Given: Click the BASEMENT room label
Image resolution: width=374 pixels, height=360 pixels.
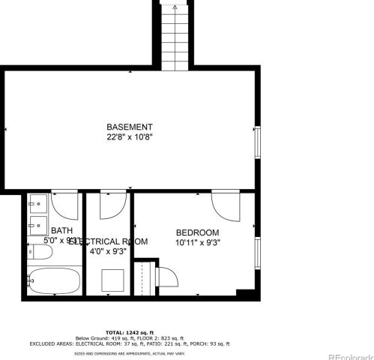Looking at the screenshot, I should tap(130, 127).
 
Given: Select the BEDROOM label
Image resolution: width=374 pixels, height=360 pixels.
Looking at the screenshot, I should tap(197, 232).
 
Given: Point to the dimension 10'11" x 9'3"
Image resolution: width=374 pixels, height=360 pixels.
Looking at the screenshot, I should tap(197, 243).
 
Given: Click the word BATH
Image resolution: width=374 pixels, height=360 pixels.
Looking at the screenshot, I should tap(61, 230).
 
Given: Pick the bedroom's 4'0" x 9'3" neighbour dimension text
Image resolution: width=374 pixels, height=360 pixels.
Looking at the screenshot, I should tap(108, 253).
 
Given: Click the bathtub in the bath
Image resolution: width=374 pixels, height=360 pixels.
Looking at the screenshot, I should tap(53, 282).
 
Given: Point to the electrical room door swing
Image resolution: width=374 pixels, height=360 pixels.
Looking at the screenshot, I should tap(112, 206).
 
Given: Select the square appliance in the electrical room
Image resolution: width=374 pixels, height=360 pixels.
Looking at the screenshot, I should tap(113, 280).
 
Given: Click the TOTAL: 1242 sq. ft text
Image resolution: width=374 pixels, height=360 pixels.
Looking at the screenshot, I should tap(130, 331).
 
